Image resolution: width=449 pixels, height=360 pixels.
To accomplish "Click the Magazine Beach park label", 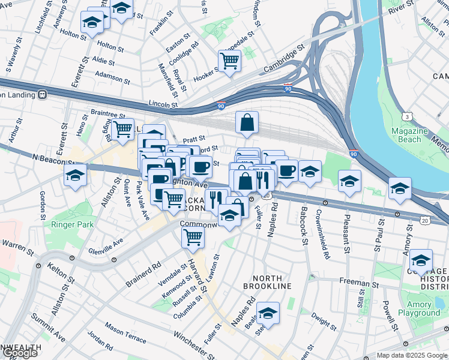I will [409, 135].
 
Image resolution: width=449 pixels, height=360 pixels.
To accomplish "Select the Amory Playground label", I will [423, 308].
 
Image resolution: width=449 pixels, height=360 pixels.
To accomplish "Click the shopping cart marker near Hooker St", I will [229, 61].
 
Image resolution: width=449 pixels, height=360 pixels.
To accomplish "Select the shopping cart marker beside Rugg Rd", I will [122, 129].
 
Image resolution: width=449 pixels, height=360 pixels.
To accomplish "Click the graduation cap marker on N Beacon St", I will [76, 175].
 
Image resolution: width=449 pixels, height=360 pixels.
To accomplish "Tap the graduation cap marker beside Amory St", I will [421, 260].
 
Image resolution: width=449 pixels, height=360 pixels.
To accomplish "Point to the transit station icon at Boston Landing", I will [42, 94].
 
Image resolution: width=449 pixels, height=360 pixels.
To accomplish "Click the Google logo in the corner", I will [20, 353].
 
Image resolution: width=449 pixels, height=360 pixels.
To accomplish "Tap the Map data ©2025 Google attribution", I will [412, 355].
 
